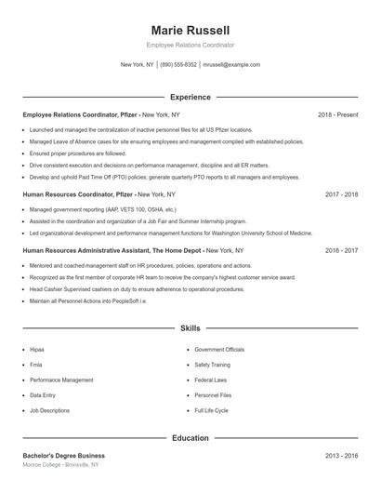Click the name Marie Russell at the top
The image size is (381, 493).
[190, 30]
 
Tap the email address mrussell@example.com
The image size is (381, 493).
[231, 65]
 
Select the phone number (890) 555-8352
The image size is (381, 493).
[178, 65]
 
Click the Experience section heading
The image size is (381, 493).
[190, 97]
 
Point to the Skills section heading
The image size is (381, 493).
[190, 328]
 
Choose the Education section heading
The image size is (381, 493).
[190, 437]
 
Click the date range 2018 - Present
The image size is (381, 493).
[337, 114]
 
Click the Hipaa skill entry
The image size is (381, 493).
[37, 350]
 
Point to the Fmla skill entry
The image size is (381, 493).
[36, 365]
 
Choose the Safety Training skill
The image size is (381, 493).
[212, 365]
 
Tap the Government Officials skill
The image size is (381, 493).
[219, 350]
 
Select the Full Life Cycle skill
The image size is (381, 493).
[211, 410]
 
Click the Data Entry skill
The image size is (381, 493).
[42, 395]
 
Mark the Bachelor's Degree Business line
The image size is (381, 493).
[64, 456]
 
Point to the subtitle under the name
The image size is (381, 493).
[190, 45]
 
